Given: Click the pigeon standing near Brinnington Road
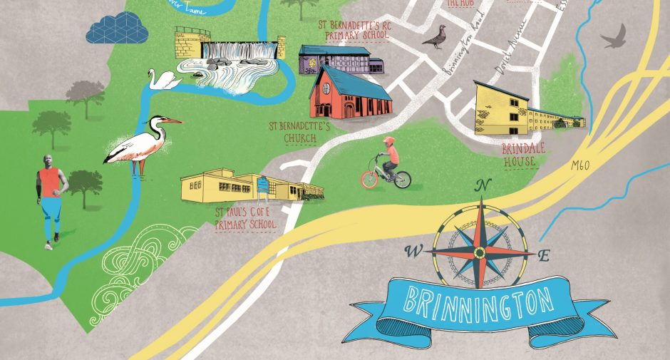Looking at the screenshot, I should pyautogui.click(x=434, y=38).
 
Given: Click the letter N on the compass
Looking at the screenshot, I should pyautogui.click(x=482, y=186).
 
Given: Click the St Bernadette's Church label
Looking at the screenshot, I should pyautogui.click(x=300, y=133).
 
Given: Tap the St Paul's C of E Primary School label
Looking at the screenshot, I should pyautogui.click(x=246, y=218).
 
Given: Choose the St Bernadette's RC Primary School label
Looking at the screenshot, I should pyautogui.click(x=354, y=29).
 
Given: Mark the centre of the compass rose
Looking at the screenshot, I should pyautogui.click(x=480, y=252).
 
